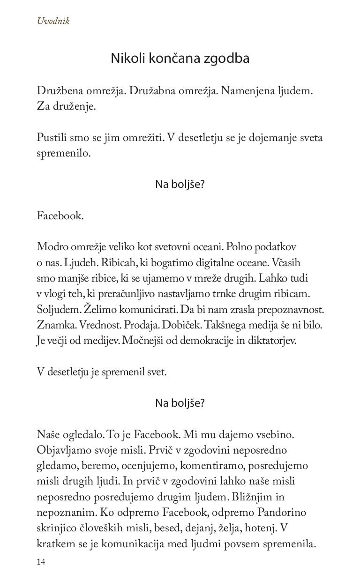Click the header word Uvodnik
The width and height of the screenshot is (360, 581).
(53, 21)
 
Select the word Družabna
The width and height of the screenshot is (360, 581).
(152, 90)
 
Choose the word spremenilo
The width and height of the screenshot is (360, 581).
(63, 153)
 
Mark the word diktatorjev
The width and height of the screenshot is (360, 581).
(272, 341)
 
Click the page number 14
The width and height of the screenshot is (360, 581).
(41, 562)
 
